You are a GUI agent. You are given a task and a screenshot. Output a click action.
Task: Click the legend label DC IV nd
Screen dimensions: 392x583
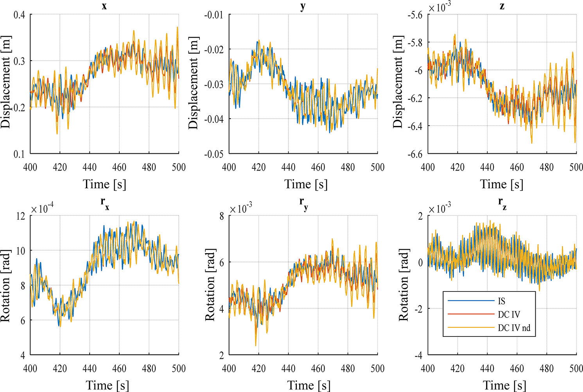(x=514, y=328)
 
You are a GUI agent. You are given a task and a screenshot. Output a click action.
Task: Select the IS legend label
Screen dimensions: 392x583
(x=502, y=301)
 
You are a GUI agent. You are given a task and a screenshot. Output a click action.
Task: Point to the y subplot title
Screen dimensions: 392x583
(x=303, y=7)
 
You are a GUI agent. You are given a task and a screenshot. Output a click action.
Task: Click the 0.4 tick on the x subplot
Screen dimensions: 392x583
(x=20, y=15)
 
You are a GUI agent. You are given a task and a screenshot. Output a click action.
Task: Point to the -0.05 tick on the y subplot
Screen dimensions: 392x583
(x=214, y=154)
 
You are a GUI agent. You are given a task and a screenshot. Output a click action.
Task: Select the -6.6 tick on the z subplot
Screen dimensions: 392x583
(x=414, y=154)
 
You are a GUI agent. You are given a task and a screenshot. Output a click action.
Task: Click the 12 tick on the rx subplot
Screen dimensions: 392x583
(x=20, y=216)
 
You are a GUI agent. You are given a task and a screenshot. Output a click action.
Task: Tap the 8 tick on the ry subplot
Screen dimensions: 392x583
(x=221, y=216)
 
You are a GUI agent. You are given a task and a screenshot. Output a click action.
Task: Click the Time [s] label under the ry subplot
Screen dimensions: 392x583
(x=309, y=385)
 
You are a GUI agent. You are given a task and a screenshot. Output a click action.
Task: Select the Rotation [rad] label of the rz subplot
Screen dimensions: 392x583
(x=404, y=286)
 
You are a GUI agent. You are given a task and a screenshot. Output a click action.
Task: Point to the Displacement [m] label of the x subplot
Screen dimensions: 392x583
(x=5, y=82)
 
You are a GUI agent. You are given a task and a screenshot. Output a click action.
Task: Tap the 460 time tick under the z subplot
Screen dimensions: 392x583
(x=517, y=167)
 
